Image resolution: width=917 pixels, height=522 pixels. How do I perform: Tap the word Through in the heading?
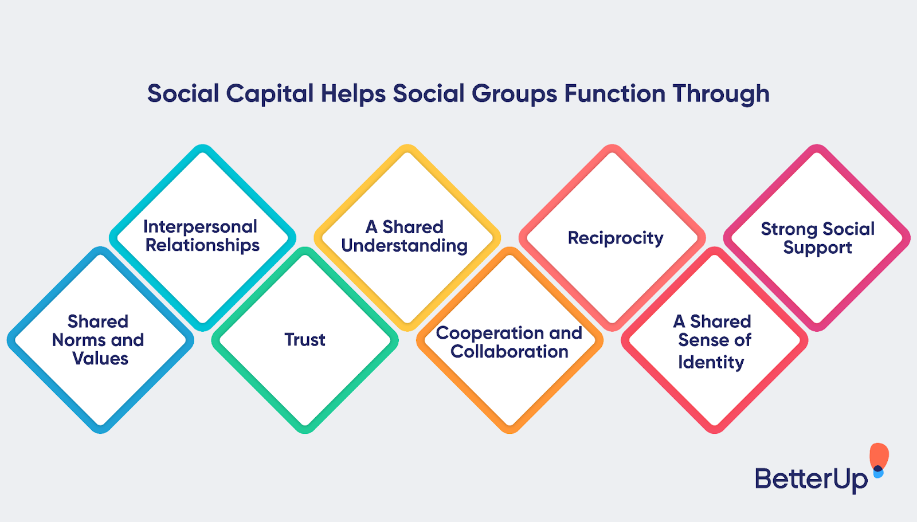tap(721, 94)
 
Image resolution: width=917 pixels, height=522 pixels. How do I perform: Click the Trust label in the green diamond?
tap(305, 340)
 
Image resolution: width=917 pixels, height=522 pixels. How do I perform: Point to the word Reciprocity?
tap(616, 238)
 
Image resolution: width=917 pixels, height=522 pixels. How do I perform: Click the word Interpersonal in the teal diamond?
tap(200, 227)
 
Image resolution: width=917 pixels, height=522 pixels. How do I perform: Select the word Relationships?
tap(202, 245)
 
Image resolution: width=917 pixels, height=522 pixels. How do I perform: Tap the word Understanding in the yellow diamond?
tap(405, 246)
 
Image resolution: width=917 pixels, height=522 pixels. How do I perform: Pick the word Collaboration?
tap(510, 351)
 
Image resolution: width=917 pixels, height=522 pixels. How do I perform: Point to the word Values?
tap(100, 359)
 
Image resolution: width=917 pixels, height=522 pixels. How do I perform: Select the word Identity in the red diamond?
tap(711, 362)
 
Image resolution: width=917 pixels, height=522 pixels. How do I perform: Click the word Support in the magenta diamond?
tap(817, 248)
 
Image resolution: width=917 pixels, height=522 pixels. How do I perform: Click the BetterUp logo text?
tap(810, 479)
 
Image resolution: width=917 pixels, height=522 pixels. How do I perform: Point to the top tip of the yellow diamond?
tap(407, 147)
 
